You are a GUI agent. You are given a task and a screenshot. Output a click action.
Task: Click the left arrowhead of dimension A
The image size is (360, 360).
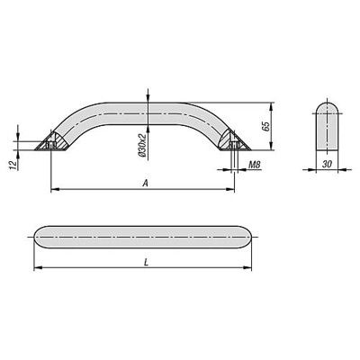click(52, 190)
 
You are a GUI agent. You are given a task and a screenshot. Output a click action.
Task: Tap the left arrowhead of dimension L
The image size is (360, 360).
click(36, 269)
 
